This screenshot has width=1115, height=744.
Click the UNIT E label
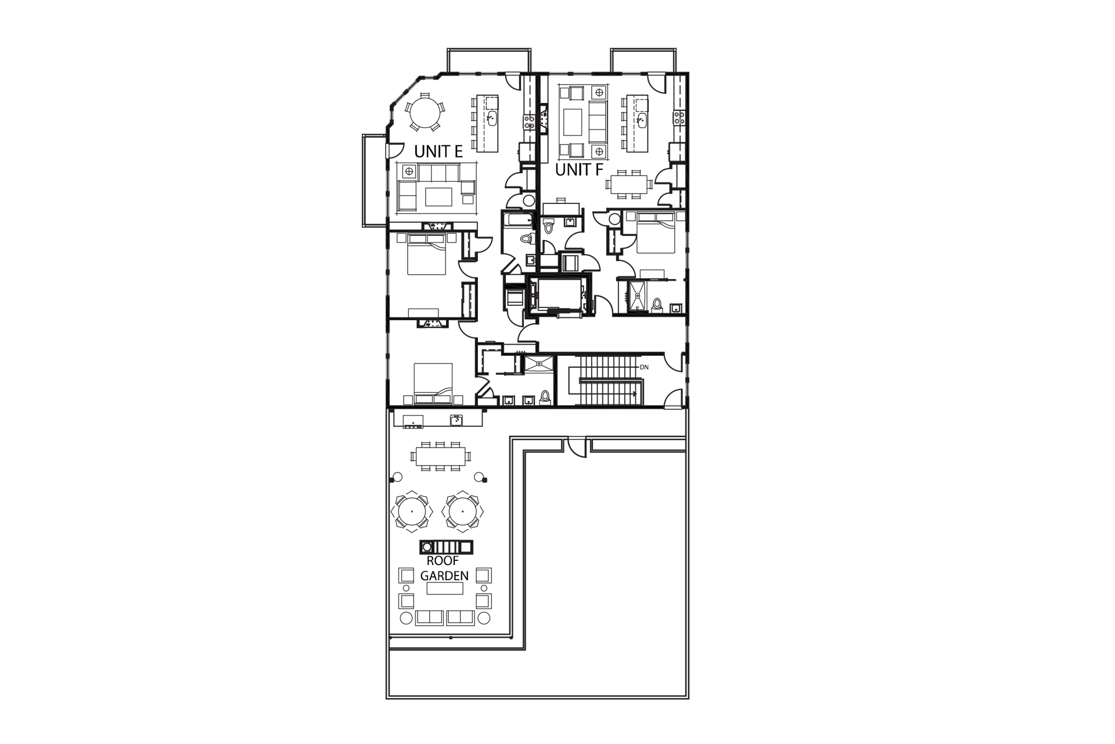[438, 152]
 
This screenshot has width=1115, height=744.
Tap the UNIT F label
[579, 170]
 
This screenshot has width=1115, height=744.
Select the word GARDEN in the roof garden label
[444, 575]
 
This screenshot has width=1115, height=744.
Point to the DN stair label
[644, 367]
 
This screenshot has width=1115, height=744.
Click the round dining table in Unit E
[423, 113]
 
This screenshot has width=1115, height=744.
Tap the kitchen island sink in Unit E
[491, 120]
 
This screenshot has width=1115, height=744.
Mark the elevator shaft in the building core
[559, 295]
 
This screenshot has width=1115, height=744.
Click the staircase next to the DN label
[610, 381]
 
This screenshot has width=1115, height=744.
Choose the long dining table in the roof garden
[440, 456]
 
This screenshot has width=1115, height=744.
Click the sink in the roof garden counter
[456, 420]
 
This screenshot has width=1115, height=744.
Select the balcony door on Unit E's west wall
[391, 151]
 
